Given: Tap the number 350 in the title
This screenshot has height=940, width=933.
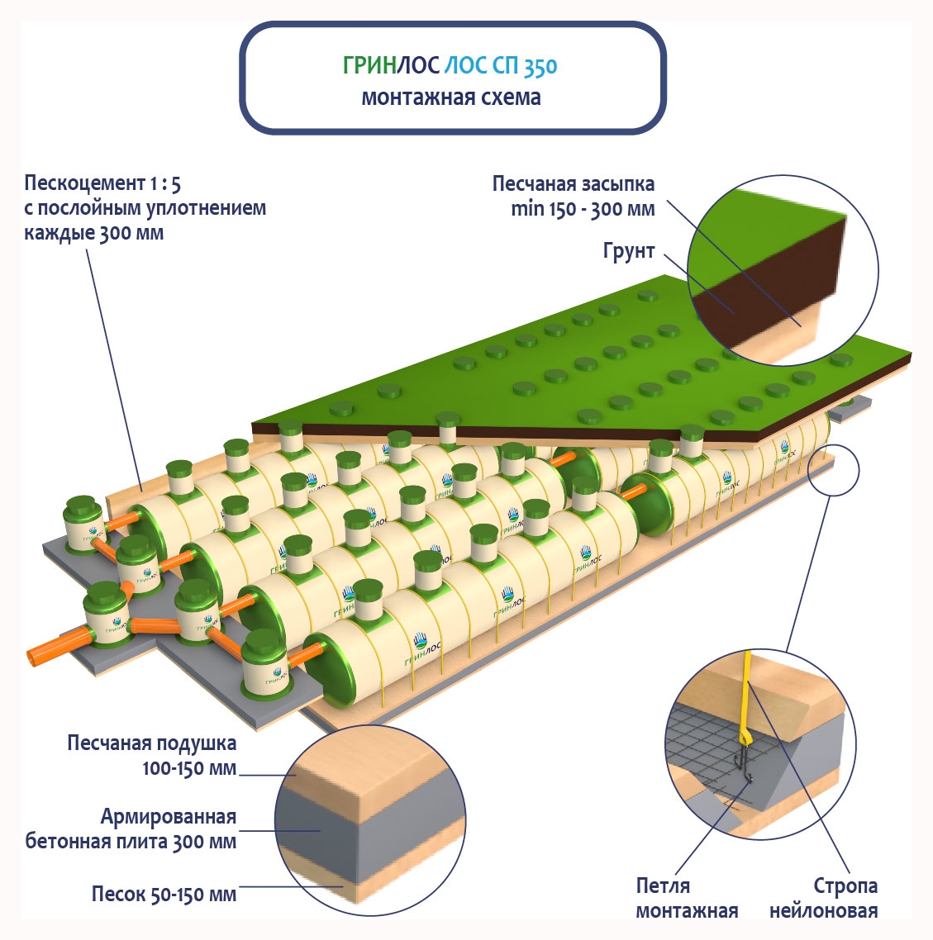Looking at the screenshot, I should pyautogui.click(x=540, y=67).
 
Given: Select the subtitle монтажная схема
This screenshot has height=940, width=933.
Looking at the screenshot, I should pyautogui.click(x=451, y=97).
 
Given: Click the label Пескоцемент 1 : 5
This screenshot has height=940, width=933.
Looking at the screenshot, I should pyautogui.click(x=102, y=183).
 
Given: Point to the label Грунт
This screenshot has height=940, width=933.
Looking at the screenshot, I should pyautogui.click(x=629, y=251).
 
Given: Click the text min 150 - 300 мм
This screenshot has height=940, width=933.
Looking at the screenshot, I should pyautogui.click(x=583, y=209).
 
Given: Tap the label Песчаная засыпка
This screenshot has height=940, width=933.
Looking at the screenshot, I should pyautogui.click(x=574, y=183).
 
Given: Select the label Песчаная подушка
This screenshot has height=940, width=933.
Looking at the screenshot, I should pyautogui.click(x=152, y=743).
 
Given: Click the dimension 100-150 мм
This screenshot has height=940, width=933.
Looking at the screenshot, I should pyautogui.click(x=189, y=768).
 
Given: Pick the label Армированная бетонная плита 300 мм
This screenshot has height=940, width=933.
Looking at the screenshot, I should pyautogui.click(x=132, y=829).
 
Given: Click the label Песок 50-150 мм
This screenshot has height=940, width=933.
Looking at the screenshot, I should pyautogui.click(x=164, y=894).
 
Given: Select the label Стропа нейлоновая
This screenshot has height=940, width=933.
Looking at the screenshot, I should pyautogui.click(x=824, y=898).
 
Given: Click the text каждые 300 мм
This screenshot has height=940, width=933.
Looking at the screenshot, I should pyautogui.click(x=93, y=233).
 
